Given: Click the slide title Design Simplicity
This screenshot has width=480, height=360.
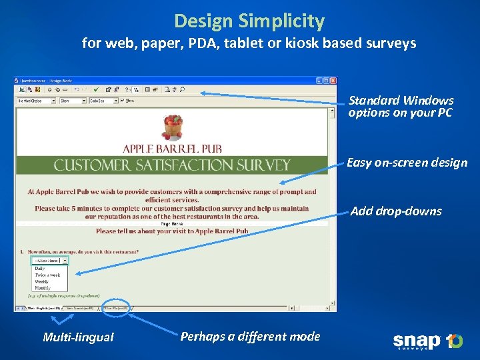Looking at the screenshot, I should (x=249, y=21).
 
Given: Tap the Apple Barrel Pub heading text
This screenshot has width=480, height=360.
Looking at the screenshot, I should (x=172, y=148).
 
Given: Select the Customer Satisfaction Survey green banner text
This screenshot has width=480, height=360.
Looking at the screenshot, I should (x=172, y=165).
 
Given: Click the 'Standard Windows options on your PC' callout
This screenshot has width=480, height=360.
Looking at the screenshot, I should (x=401, y=107).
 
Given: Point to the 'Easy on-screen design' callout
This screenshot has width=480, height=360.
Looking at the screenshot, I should (x=407, y=163).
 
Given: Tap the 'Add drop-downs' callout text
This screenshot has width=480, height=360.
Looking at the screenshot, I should (x=396, y=211).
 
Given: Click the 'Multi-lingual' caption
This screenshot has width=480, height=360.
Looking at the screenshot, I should (x=78, y=337).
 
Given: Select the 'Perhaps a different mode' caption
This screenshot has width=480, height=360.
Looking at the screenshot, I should (x=250, y=336).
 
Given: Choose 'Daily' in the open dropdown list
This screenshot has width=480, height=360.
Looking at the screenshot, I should (x=40, y=268).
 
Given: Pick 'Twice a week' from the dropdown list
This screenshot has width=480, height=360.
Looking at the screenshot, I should (x=47, y=275).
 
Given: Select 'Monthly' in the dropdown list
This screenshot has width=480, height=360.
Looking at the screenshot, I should (x=43, y=287).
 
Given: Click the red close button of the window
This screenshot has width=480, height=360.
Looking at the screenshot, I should (x=333, y=81).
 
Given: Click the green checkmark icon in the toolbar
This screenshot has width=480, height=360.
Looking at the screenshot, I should (x=96, y=89).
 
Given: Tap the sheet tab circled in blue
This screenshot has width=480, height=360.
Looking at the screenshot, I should (x=115, y=308).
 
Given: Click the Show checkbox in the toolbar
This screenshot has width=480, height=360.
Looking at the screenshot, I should (x=123, y=101).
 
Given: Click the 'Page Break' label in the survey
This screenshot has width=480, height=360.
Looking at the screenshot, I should (x=172, y=224).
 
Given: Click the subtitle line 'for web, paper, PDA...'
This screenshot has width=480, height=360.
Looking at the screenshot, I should (x=249, y=44).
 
